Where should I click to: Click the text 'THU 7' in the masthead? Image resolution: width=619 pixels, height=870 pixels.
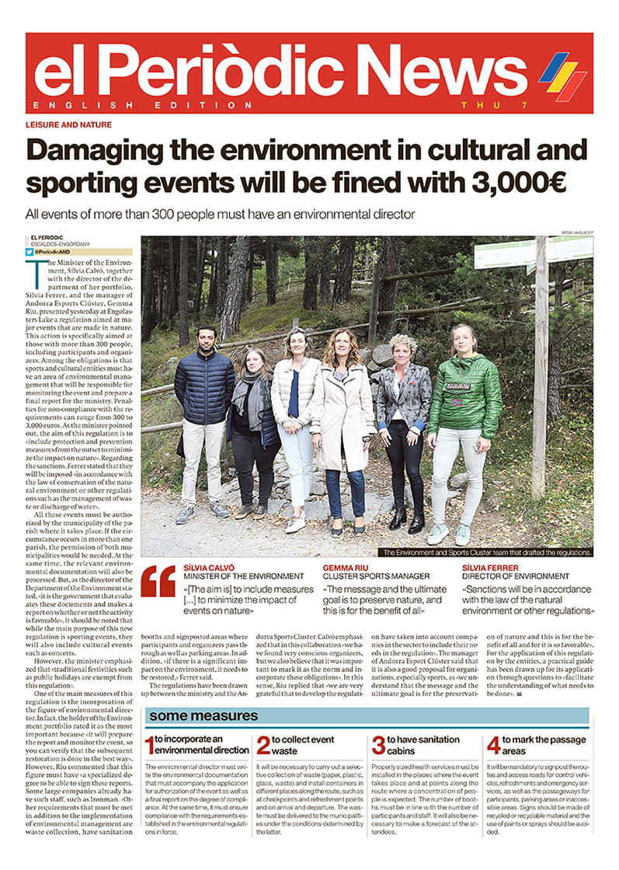[480, 105]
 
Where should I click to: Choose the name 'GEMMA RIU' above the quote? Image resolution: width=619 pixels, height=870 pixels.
[347, 568]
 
